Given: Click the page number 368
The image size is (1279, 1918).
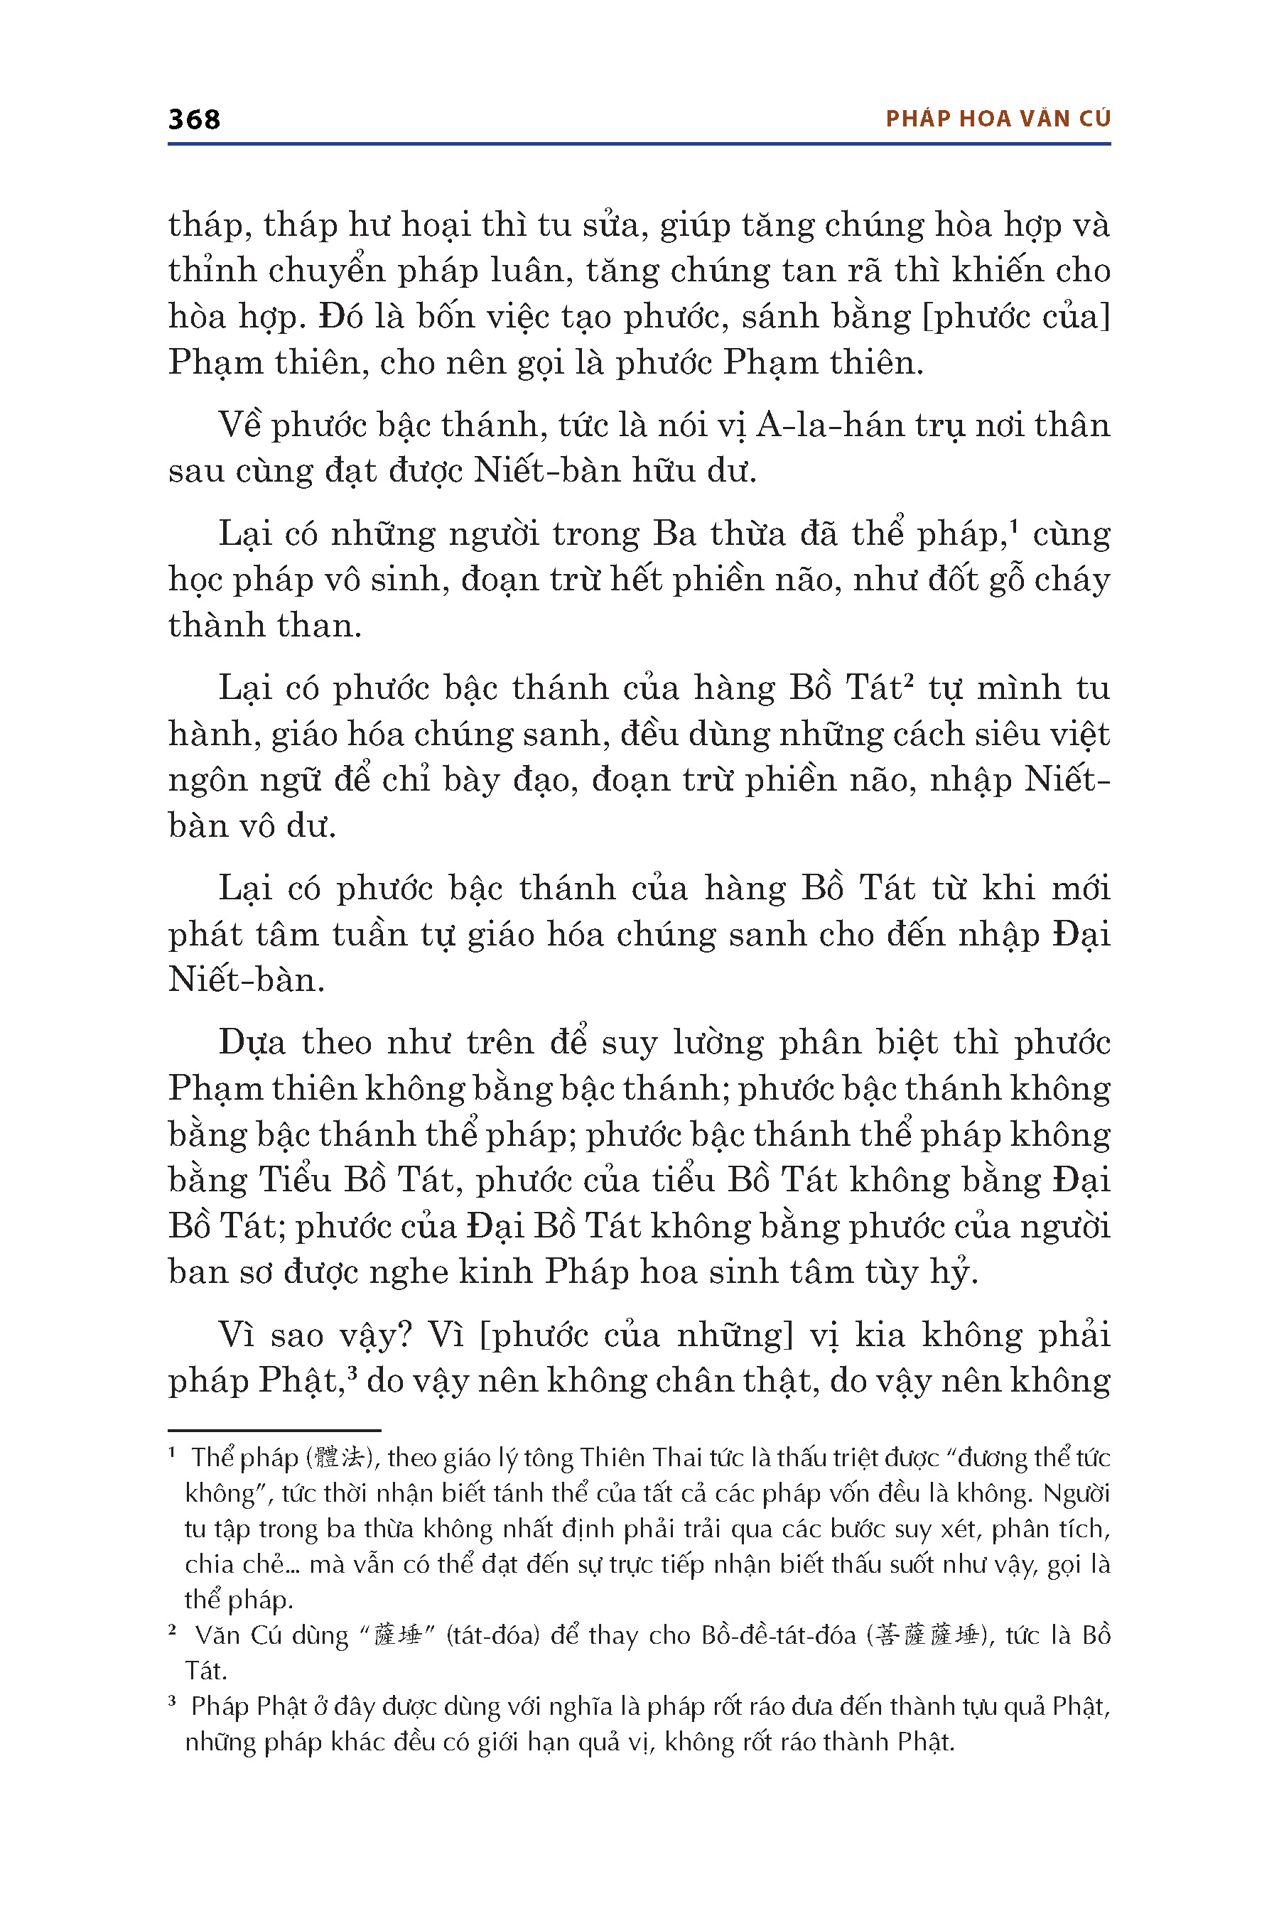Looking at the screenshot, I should coord(194,119).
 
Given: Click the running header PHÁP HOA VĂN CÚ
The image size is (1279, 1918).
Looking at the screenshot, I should coord(998,119).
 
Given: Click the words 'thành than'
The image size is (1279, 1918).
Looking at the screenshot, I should coord(264,625).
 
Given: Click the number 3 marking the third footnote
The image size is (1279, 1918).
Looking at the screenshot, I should coord(173,1702).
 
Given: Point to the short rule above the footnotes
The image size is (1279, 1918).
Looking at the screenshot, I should coord(274,1429).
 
